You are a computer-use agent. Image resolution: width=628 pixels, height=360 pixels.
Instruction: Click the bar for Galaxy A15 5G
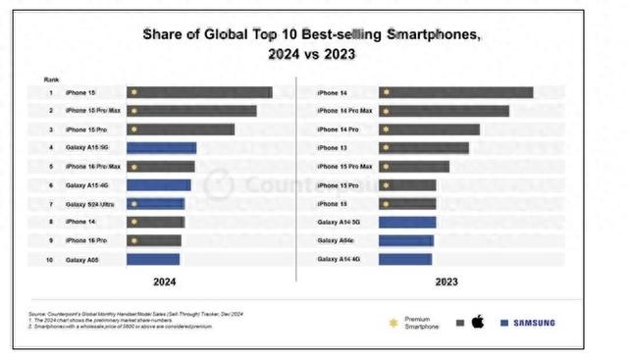[x=161, y=148]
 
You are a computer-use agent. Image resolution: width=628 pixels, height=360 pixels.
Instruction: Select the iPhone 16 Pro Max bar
[x=160, y=167]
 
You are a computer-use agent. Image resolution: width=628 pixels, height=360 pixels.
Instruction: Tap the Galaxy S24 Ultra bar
[x=155, y=203]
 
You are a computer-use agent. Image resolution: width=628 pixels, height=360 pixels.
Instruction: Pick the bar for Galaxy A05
[x=152, y=259]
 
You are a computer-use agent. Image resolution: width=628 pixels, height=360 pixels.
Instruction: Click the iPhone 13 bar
[x=423, y=148]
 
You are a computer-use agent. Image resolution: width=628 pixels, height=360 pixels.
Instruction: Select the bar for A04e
[x=406, y=240]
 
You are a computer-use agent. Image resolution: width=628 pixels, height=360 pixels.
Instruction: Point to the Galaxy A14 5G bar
[x=407, y=222]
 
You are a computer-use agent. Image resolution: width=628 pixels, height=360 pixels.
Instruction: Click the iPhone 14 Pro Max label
[x=344, y=111]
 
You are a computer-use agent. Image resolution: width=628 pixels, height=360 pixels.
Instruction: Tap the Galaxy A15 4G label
[x=86, y=185]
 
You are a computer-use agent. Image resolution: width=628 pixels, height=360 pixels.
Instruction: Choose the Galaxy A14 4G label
[x=339, y=259]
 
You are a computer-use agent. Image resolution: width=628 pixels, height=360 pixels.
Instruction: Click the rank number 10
[x=49, y=259]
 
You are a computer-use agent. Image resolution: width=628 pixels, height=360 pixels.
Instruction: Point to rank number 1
[x=49, y=92]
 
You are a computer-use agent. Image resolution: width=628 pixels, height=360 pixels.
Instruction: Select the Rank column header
[x=50, y=77]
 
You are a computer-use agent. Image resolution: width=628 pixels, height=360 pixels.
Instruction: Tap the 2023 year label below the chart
[x=448, y=282]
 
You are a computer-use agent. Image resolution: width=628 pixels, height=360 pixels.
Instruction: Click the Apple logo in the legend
[x=478, y=322]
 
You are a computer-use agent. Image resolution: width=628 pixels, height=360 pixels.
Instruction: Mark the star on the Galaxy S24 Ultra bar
[x=132, y=203]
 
